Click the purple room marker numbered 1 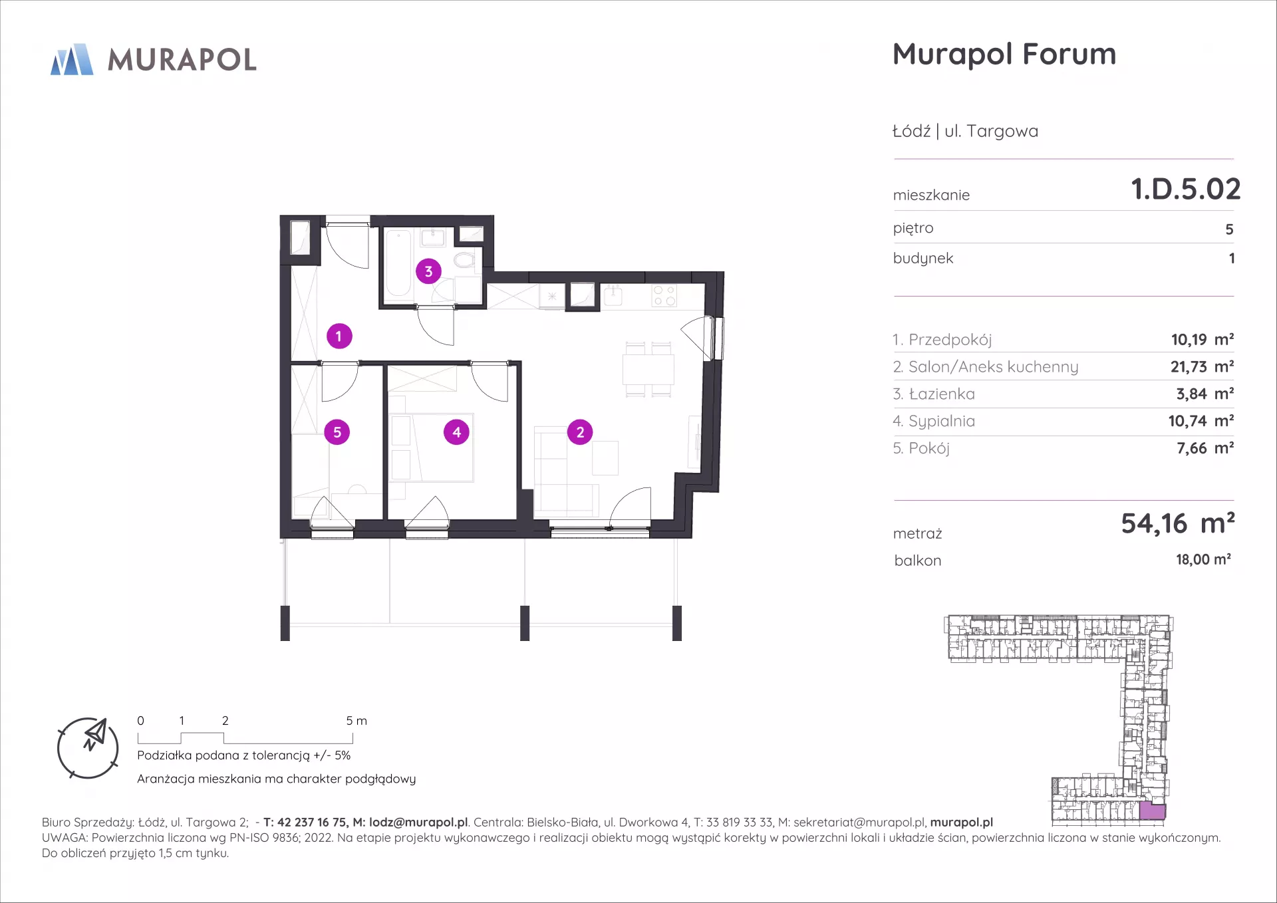(x=339, y=336)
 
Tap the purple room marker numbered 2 (x=580, y=432)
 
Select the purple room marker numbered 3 (x=428, y=271)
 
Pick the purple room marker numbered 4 (x=456, y=432)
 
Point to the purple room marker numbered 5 (x=337, y=432)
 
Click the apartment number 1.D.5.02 (x=1186, y=189)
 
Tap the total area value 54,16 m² (x=1178, y=523)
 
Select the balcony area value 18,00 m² (x=1203, y=559)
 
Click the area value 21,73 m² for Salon (x=1202, y=366)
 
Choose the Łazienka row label (x=934, y=394)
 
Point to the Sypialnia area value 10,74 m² (x=1201, y=421)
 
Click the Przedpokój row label (x=942, y=340)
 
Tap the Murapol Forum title (x=1004, y=54)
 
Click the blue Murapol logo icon (x=72, y=59)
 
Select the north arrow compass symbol (x=88, y=748)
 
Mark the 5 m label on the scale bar (x=356, y=721)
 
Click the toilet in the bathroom (x=464, y=259)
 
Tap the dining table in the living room (x=648, y=370)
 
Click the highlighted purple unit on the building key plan (x=1153, y=811)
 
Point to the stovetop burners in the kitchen (x=664, y=295)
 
